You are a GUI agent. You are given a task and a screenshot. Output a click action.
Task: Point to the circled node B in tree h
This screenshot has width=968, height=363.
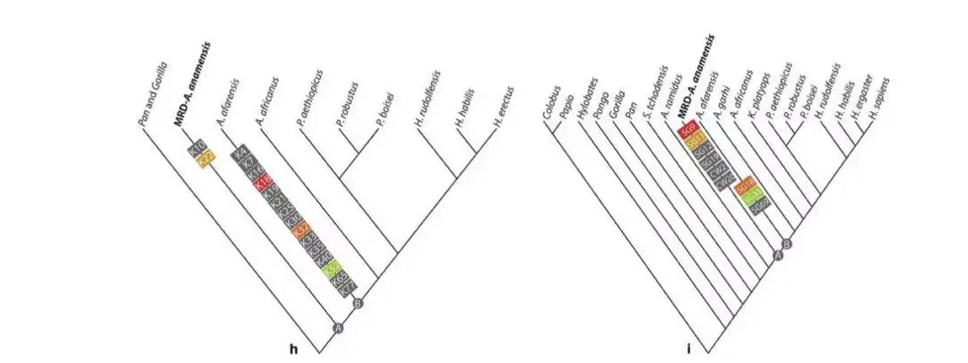coord(359,304)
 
